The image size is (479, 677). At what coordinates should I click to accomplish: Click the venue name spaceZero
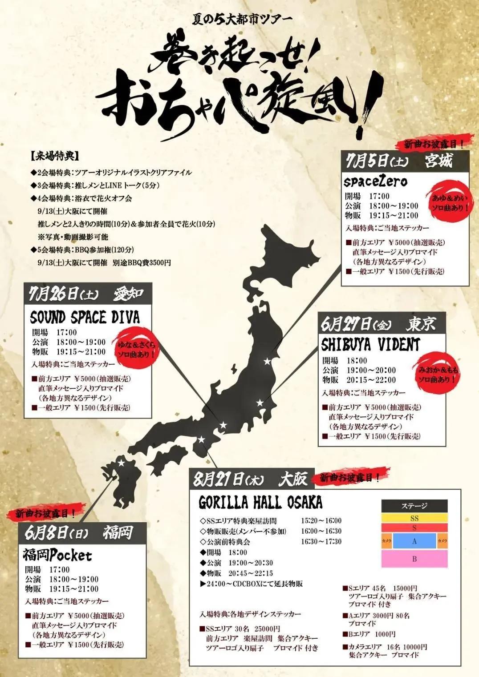[375, 181]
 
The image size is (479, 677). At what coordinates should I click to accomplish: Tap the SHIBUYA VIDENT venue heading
[370, 344]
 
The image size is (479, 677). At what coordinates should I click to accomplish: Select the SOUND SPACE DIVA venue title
[85, 318]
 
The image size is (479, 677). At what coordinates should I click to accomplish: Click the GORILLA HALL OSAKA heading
[260, 503]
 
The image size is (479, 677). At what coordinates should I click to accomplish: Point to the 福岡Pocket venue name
[57, 555]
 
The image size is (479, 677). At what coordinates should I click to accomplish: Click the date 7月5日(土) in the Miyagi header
[376, 161]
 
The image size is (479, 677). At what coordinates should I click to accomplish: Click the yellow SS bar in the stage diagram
[414, 518]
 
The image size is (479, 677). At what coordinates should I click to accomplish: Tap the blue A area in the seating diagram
[414, 541]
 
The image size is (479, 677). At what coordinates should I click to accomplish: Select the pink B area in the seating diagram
[414, 559]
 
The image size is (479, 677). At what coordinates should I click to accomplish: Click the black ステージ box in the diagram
[414, 506]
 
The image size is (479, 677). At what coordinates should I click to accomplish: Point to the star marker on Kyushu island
[121, 463]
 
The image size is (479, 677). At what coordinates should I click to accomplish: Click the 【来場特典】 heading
[55, 157]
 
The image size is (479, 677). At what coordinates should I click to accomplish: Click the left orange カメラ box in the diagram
[386, 541]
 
